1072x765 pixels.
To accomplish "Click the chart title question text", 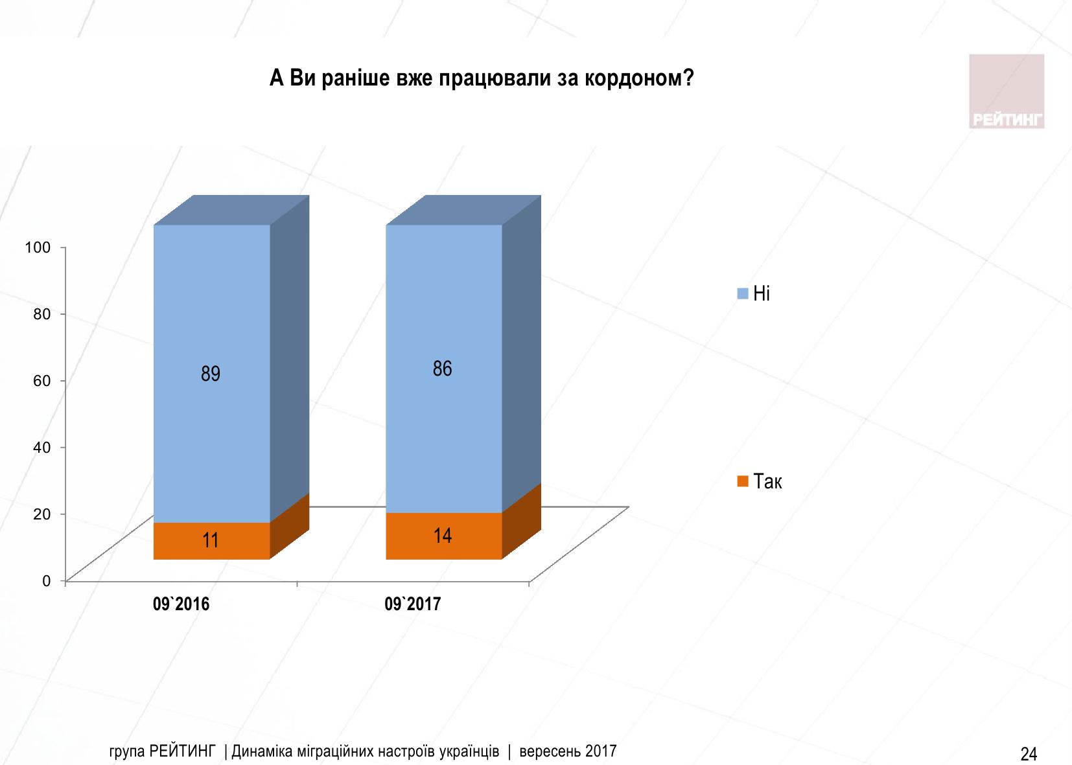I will (481, 78).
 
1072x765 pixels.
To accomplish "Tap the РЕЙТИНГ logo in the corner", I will (1007, 91).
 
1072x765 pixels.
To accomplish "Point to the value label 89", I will (211, 374).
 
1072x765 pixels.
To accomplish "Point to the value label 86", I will (442, 369).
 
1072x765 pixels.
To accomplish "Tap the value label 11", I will (211, 540).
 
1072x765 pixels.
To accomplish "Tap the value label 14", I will (443, 536).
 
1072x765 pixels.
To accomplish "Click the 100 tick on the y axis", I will (37, 247).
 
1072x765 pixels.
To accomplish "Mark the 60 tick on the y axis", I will (41, 380).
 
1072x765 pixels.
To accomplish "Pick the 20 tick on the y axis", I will (41, 514).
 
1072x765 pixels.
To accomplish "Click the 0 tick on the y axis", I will (46, 580).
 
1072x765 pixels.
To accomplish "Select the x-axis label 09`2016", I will (181, 604).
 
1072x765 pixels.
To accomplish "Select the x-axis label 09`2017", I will (412, 604).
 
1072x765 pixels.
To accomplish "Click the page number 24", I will (1029, 753).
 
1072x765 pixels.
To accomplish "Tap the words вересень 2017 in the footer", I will (568, 751).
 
